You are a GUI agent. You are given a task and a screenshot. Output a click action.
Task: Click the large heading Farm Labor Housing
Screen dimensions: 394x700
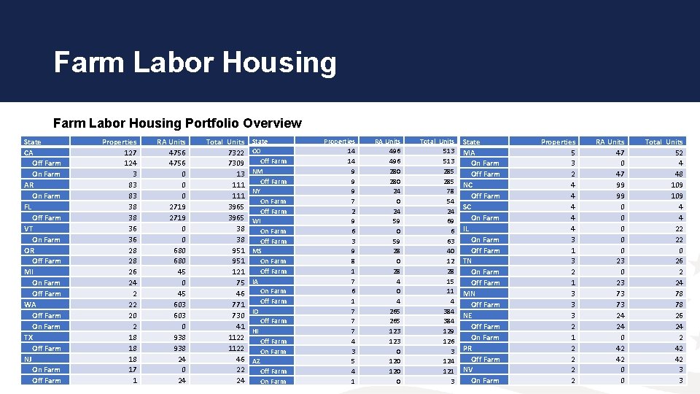195,63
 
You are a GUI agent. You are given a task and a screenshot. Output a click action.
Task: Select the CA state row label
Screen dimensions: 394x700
28,152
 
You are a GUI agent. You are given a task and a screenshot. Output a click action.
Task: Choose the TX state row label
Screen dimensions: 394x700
28,337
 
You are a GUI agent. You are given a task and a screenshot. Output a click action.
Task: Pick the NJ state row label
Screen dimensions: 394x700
28,359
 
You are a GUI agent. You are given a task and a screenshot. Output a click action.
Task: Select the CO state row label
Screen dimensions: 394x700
257,151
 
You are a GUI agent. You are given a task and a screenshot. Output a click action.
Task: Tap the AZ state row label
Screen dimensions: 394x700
257,361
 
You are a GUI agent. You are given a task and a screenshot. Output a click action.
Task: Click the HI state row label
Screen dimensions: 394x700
256,331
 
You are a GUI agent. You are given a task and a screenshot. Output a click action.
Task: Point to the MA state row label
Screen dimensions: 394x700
470,152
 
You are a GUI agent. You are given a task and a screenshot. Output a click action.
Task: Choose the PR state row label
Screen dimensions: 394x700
468,348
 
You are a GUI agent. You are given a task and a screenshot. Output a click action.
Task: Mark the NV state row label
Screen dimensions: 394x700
469,369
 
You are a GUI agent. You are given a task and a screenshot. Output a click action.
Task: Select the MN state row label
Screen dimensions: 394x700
470,293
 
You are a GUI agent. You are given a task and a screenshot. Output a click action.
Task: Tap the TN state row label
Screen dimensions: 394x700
468,260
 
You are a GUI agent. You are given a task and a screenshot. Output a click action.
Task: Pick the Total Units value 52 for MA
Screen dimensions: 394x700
678,152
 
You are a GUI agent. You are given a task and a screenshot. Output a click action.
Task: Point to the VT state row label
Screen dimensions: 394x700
28,228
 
